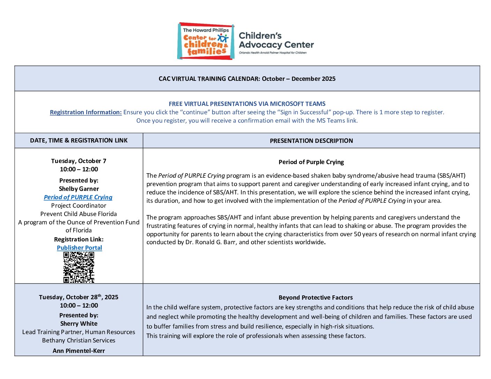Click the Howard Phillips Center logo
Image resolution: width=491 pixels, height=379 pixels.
pos(205,41)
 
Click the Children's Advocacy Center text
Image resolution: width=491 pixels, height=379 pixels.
pos(276,40)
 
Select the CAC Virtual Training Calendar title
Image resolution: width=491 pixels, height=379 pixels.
pos(247,79)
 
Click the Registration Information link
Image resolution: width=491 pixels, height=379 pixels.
pos(86,112)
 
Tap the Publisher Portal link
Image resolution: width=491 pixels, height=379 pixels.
pos(80,248)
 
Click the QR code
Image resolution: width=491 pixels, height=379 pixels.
pos(79,267)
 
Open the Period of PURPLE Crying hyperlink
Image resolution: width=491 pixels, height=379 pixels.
pos(78,197)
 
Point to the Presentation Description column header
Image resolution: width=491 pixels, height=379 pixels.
pos(311,141)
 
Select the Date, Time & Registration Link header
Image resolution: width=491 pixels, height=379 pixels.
pos(79,140)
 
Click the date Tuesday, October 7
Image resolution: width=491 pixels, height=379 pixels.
pos(79,161)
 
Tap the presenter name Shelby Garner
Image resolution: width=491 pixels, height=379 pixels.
pos(79,189)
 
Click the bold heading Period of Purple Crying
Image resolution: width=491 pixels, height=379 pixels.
pos(311,162)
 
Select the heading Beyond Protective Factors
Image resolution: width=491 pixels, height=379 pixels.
pos(316,297)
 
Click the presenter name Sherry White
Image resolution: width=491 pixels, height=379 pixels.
pos(79,324)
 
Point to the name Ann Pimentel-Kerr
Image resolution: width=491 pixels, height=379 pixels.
pos(79,351)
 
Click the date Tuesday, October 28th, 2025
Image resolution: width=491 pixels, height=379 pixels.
pos(79,297)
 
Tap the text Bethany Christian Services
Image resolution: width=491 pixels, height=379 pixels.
pos(79,340)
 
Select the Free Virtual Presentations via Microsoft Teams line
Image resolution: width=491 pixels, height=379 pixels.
pos(247,104)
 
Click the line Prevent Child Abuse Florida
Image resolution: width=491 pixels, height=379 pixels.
pos(79,214)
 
